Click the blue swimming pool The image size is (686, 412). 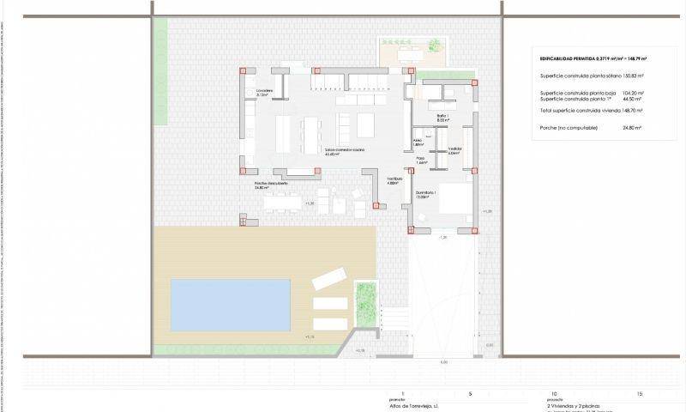click(230, 304)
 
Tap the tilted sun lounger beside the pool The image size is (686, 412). click(327, 279)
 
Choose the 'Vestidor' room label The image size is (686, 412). click(454, 150)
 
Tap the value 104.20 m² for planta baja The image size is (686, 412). click(633, 93)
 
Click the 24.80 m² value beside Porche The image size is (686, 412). click(634, 127)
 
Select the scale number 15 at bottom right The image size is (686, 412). click(639, 393)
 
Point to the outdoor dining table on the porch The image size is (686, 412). click(282, 203)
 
